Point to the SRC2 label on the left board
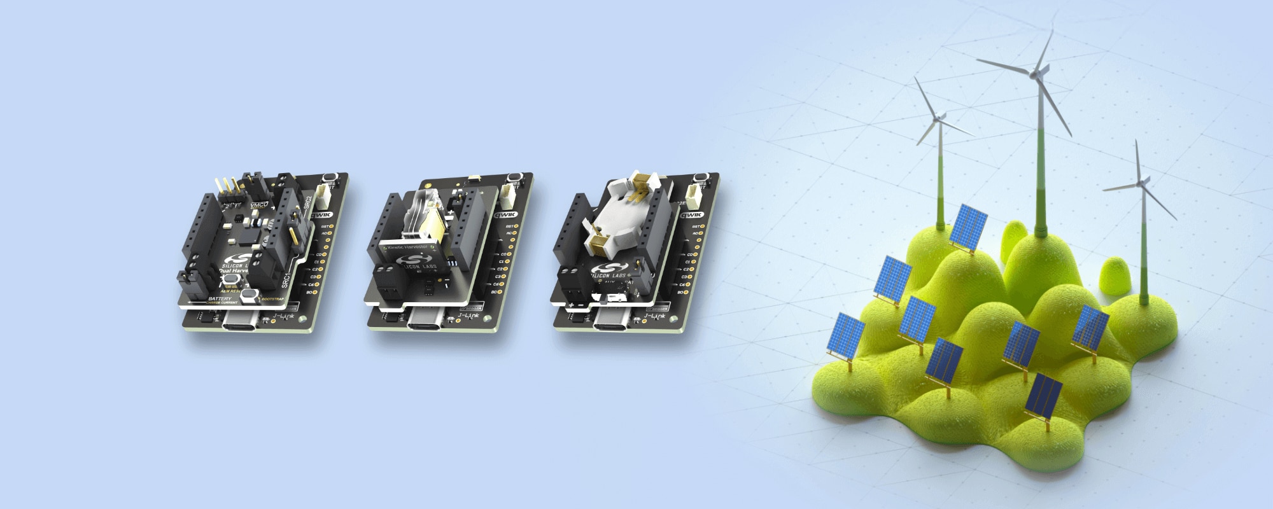307,202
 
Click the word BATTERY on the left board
220,298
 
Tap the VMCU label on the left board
259,205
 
